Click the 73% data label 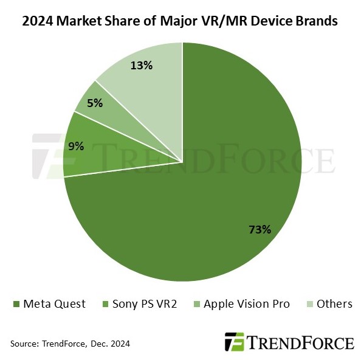click(x=260, y=229)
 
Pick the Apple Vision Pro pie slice click(x=100, y=106)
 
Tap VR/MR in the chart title click(x=222, y=22)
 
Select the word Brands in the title click(x=316, y=22)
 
